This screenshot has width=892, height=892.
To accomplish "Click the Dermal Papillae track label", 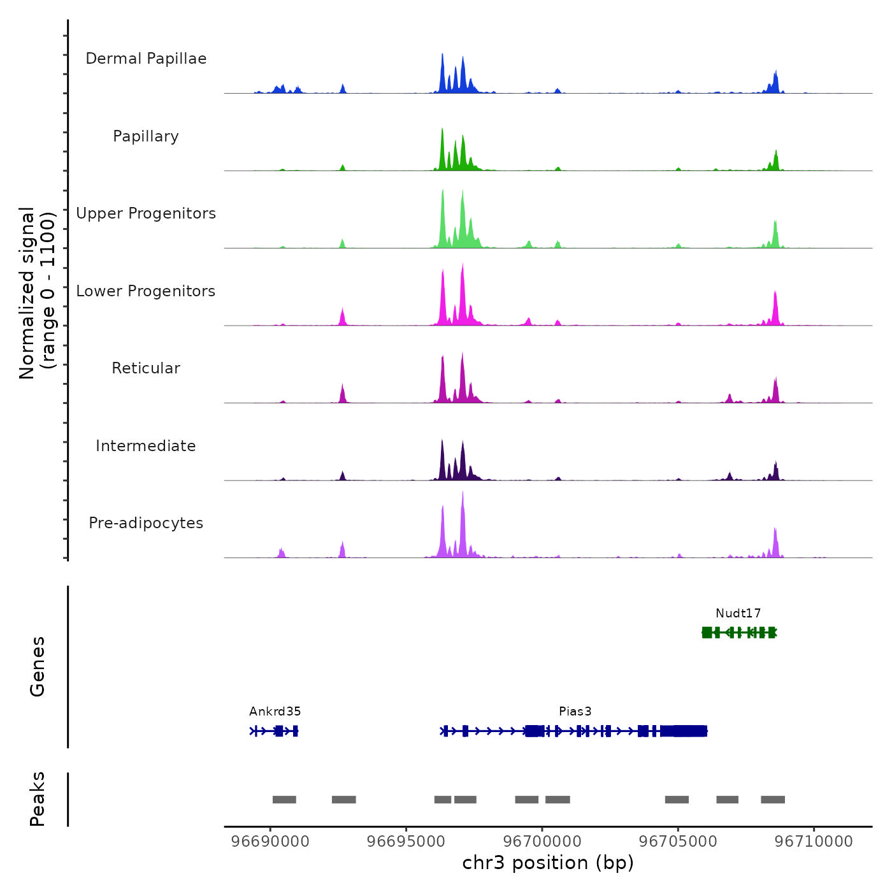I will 146,59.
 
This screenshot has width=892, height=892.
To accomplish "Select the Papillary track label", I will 146,136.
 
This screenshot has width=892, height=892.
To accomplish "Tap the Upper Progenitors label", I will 146,213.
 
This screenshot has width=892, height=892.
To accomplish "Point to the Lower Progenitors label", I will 146,291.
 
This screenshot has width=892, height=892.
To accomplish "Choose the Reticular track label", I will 146,368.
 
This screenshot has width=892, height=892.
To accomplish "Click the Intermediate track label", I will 146,446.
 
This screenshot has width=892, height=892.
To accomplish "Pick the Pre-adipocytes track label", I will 146,523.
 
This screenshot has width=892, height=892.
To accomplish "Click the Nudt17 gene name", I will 738,614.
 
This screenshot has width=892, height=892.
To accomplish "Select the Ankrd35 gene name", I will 275,712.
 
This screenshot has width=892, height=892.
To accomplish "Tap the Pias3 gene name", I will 575,712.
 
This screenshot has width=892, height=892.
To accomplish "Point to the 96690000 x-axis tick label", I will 270,842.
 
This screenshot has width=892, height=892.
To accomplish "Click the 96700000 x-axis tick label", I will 542,842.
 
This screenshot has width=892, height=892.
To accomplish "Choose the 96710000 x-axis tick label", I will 814,842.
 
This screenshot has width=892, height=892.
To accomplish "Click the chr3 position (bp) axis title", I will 548,863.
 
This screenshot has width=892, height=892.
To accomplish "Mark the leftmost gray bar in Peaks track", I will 284,800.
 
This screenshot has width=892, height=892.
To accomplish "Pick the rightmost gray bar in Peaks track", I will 773,800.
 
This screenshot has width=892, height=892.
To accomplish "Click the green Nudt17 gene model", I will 739,632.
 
